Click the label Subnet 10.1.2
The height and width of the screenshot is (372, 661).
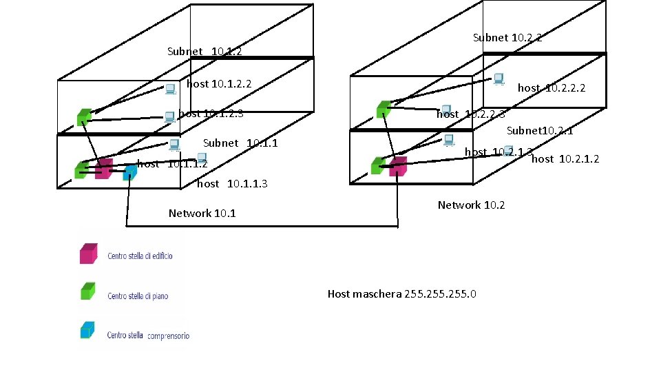coord(204,52)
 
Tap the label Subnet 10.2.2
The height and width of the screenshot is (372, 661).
coord(507,38)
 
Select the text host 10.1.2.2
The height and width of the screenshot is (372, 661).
coord(219,84)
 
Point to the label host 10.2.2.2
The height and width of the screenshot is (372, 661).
coord(552,87)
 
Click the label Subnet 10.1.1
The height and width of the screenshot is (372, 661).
coord(240,143)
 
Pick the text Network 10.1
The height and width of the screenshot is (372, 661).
coord(202,214)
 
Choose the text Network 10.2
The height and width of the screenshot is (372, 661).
coord(471,205)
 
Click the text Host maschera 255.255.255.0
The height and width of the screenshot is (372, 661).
coord(402,294)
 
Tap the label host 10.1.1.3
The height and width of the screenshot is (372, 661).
coord(232,184)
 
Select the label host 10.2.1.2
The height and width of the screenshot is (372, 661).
coord(565,159)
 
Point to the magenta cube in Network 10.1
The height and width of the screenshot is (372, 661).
coord(104,168)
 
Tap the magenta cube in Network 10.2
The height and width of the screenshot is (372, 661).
coord(397,166)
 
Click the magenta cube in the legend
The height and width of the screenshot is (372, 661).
coord(87,254)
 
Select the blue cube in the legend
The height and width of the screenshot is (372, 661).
coord(87,330)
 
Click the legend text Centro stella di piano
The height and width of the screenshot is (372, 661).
coord(138,296)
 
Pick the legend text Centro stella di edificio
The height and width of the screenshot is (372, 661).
coord(140,256)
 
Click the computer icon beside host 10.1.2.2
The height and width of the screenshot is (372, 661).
coord(170,88)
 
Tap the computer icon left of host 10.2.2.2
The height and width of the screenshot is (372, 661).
coord(498,79)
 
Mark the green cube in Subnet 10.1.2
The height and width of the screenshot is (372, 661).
coord(83,116)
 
